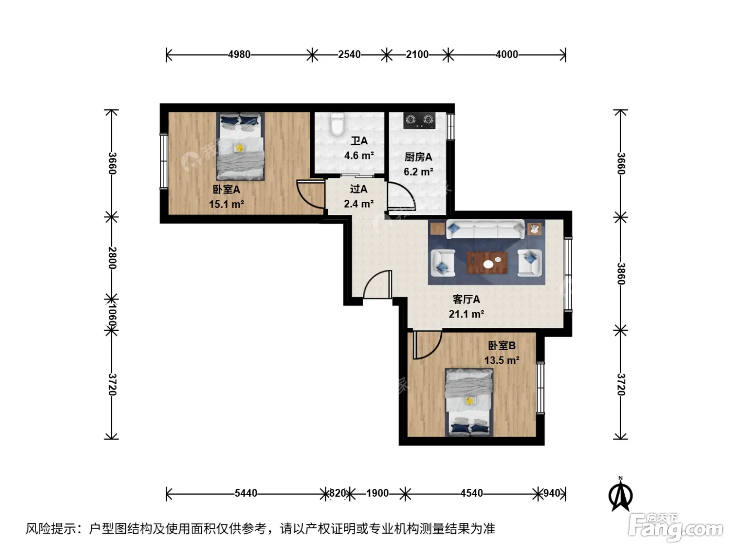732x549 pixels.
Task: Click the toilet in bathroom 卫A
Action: (337, 124)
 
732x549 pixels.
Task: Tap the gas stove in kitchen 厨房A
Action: (419, 121)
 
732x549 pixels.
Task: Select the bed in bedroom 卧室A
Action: (240, 146)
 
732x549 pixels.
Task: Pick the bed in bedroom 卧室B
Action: (469, 402)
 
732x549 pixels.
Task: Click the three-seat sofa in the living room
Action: (485, 229)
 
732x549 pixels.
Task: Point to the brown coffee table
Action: (487, 262)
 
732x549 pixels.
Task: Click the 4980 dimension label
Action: (239, 54)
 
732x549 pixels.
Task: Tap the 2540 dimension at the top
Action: (349, 54)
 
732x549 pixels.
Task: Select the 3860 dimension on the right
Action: (620, 273)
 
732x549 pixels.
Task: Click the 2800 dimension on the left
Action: (112, 258)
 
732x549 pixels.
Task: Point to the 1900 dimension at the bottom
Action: (378, 493)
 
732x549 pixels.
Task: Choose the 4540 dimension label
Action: (472, 493)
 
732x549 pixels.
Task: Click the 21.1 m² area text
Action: (466, 314)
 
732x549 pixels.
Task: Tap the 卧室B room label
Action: (501, 345)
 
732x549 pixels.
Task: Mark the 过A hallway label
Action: (359, 189)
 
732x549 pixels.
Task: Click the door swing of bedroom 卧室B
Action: (427, 345)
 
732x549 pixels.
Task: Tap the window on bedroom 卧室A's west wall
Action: (164, 162)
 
